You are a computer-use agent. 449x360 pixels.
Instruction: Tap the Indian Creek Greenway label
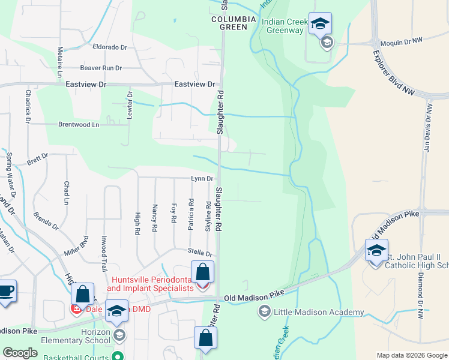pyautogui.click(x=284, y=25)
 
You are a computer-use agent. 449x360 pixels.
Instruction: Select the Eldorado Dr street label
pyautogui.click(x=110, y=46)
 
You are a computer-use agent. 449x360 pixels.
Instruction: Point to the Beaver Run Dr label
pyautogui.click(x=101, y=68)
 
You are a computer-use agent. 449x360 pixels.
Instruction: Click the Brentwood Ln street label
pyautogui.click(x=78, y=125)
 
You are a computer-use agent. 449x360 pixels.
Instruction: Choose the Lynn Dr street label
pyautogui.click(x=202, y=179)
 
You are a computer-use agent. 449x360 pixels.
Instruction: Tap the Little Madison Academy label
pyautogui.click(x=319, y=312)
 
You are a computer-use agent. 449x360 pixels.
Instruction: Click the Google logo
pyautogui.click(x=20, y=353)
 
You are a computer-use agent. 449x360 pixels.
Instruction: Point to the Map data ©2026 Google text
pyautogui.click(x=411, y=355)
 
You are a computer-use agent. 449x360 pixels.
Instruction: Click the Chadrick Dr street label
pyautogui.click(x=28, y=106)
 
